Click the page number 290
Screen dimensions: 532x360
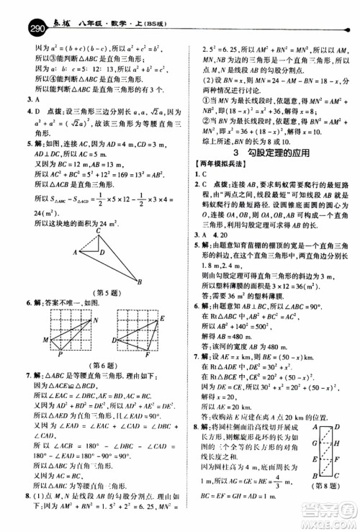tap(15, 10)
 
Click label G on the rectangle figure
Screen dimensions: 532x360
tap(315, 443)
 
